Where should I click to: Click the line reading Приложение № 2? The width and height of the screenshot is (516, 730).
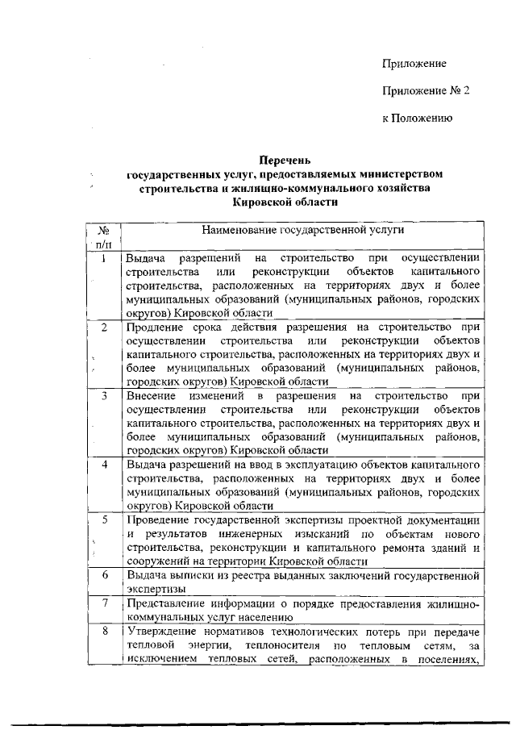[x=425, y=91]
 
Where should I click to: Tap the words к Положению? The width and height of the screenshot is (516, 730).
[x=417, y=119]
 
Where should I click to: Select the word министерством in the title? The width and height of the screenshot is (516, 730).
[x=396, y=173]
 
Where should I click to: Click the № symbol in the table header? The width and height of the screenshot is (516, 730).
[x=104, y=230]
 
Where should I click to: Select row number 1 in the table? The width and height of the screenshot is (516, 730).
[x=104, y=259]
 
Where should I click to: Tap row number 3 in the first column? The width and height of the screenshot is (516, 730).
[x=104, y=396]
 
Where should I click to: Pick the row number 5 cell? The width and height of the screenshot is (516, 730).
[x=104, y=519]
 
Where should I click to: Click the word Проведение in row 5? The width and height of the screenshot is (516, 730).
[x=160, y=519]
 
